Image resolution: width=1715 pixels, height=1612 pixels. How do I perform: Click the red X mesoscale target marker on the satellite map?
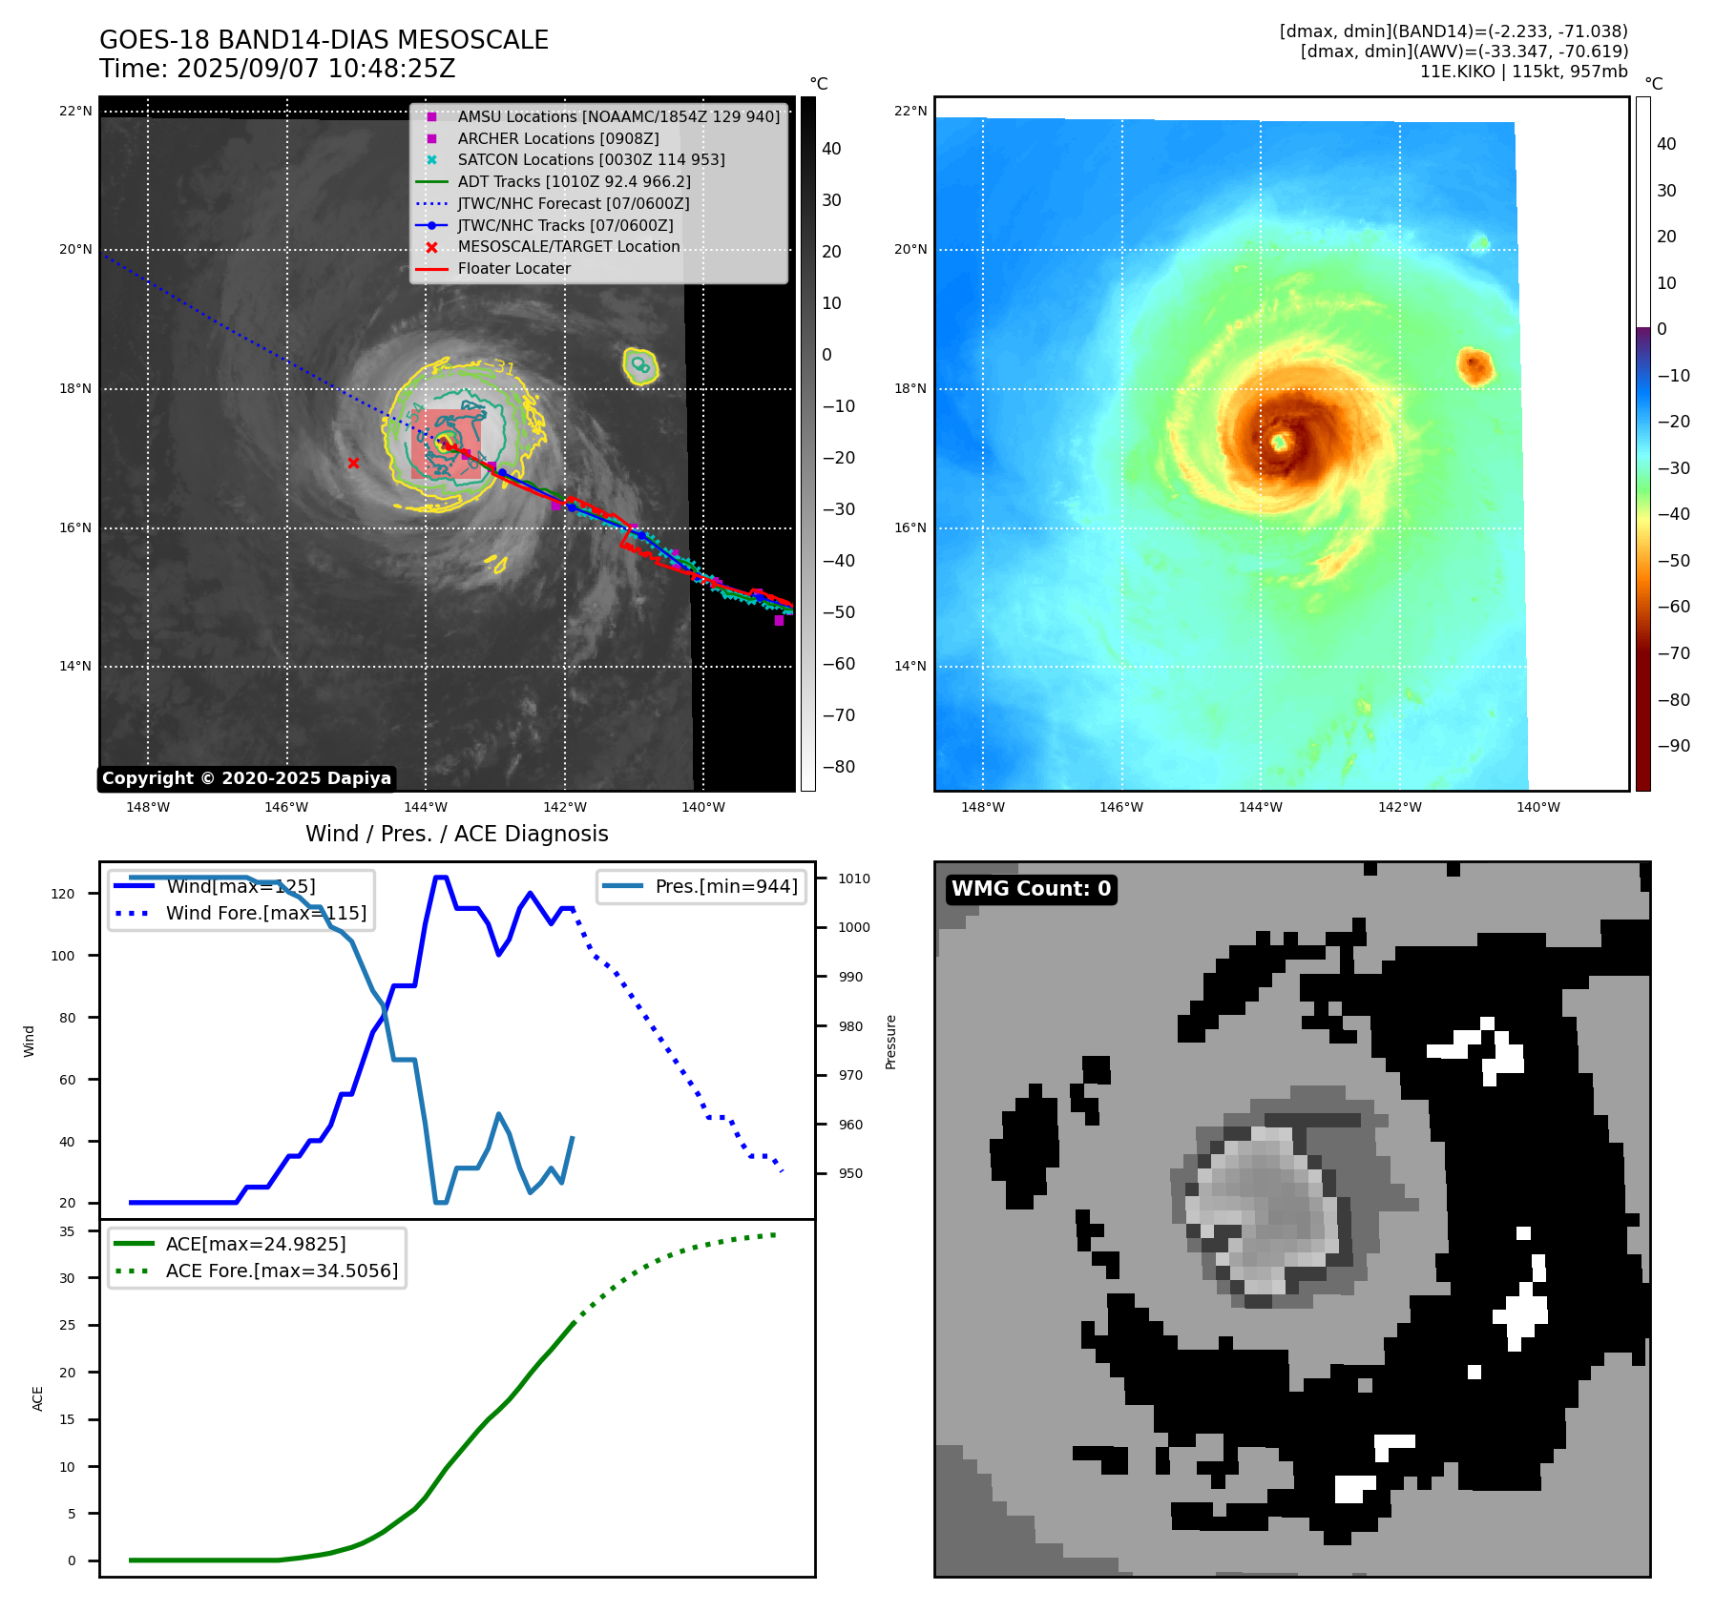[353, 464]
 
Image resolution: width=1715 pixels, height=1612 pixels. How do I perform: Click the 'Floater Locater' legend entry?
[513, 269]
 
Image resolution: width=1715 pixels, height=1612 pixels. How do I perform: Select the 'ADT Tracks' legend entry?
[574, 182]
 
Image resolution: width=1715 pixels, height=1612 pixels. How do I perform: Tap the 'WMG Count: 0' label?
[1031, 889]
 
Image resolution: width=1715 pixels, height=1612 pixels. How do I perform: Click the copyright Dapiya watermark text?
[246, 778]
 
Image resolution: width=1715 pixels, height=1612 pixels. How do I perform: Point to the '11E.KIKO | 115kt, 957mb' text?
[1523, 72]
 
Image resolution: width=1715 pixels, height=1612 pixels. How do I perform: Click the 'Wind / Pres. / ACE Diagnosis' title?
[456, 834]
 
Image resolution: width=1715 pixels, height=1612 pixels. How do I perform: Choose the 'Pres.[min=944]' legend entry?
[725, 886]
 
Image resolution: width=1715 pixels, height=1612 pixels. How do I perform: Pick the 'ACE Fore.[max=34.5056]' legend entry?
[282, 1271]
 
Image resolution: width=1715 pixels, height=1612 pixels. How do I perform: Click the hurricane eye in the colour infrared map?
[1280, 442]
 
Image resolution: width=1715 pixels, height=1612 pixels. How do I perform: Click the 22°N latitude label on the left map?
[75, 112]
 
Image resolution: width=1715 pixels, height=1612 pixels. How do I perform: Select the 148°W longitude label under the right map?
[982, 807]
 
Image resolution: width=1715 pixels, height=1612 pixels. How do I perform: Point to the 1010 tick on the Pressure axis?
[854, 878]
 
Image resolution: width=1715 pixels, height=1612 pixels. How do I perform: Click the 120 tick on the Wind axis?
[63, 894]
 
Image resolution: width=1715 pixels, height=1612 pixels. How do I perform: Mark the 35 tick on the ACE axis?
[67, 1231]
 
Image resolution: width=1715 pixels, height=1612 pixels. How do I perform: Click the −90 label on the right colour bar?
[1673, 746]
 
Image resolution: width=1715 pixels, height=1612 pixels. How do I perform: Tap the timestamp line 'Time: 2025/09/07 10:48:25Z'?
[277, 69]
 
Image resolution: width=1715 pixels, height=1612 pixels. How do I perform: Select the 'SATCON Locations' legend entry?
[591, 160]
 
